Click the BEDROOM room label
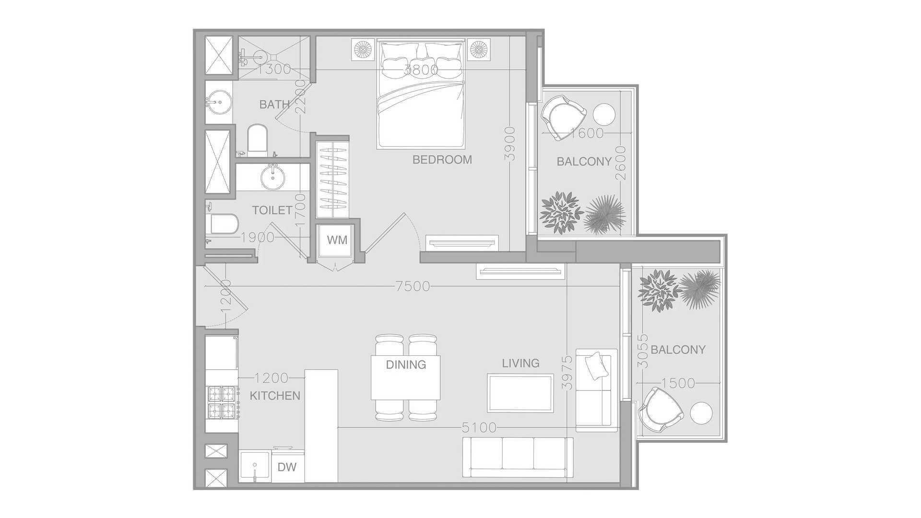point(442,160)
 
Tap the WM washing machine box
point(337,240)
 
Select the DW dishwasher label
point(287,466)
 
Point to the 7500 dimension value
point(413,286)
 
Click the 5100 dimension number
point(479,427)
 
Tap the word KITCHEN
point(275,396)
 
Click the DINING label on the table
point(406,365)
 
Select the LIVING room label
point(520,364)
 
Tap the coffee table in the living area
point(520,393)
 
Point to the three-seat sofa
point(518,457)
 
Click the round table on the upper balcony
point(604,115)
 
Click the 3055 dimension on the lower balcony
point(643,351)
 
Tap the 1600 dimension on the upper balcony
point(587,133)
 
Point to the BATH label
point(274,104)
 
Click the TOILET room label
point(272,210)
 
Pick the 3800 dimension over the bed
point(421,70)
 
